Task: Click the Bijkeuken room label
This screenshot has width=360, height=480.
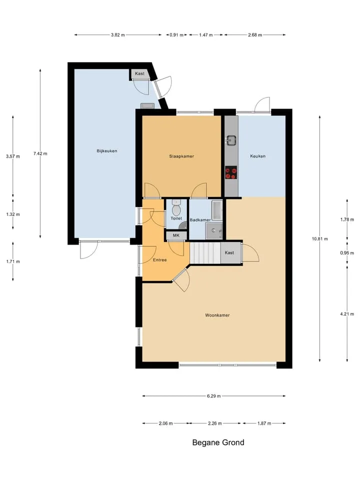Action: pyautogui.click(x=107, y=151)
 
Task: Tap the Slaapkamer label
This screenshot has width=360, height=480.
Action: pyautogui.click(x=181, y=156)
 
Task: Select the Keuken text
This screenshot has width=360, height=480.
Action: pyautogui.click(x=258, y=156)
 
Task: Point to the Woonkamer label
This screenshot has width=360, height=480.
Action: pyautogui.click(x=217, y=315)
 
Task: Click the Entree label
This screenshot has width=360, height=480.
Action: pyautogui.click(x=160, y=260)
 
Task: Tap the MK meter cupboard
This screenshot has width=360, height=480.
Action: pyautogui.click(x=176, y=235)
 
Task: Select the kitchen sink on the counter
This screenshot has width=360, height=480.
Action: pyautogui.click(x=231, y=140)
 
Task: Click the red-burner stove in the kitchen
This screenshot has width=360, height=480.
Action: pyautogui.click(x=231, y=172)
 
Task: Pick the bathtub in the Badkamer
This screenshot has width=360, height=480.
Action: pyautogui.click(x=217, y=210)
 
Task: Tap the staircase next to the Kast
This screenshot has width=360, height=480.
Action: pyautogui.click(x=205, y=253)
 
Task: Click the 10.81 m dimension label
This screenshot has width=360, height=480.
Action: pyautogui.click(x=320, y=239)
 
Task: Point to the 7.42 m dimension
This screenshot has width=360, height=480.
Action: pyautogui.click(x=40, y=153)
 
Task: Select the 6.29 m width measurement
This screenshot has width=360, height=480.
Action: pyautogui.click(x=213, y=396)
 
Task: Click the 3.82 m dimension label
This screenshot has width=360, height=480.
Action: pyautogui.click(x=118, y=35)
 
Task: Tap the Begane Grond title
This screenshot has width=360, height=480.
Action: pyautogui.click(x=218, y=442)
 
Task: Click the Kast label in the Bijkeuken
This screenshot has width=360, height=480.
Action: pyautogui.click(x=139, y=73)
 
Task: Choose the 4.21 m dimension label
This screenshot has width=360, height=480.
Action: pyautogui.click(x=347, y=314)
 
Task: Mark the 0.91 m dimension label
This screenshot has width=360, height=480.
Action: pyautogui.click(x=176, y=35)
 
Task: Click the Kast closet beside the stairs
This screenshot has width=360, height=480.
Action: pyautogui.click(x=231, y=253)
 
